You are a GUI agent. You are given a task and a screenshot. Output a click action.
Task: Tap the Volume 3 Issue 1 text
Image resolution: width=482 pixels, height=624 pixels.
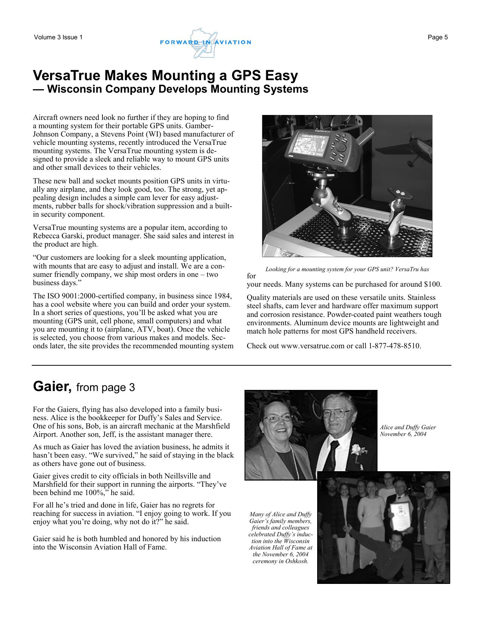(x=58, y=37)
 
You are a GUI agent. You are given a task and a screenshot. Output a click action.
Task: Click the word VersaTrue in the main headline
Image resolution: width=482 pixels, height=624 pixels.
(x=66, y=76)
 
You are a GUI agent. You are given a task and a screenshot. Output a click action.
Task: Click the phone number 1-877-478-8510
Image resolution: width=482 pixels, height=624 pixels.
(x=394, y=346)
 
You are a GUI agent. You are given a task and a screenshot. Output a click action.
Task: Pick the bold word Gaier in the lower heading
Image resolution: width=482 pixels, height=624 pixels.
(x=52, y=387)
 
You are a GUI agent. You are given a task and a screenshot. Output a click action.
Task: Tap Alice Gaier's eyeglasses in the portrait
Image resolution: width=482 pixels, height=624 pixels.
(x=277, y=418)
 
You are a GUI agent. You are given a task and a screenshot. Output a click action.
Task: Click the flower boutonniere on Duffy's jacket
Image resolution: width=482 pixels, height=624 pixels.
(x=358, y=450)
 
